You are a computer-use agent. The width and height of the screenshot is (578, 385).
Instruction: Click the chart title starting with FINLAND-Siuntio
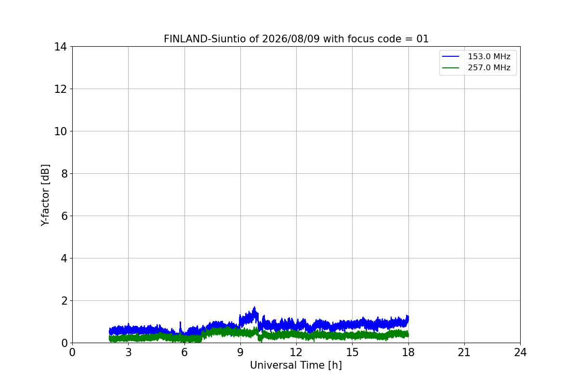(296, 39)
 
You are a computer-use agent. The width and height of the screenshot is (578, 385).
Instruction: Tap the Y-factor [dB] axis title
(45, 195)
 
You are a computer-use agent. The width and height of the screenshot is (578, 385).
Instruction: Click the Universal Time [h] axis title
(296, 365)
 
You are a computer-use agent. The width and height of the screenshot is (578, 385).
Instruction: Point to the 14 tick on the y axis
(60, 47)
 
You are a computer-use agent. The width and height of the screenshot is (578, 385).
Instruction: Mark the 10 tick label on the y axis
(60, 131)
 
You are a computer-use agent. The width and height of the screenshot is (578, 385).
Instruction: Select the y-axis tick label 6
(64, 216)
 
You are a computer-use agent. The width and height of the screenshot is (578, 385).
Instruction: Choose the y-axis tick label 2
(64, 301)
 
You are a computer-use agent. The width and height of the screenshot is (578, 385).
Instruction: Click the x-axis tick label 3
(129, 352)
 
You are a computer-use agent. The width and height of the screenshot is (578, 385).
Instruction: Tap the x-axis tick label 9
(240, 352)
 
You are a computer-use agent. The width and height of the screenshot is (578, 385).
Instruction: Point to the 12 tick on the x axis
(296, 352)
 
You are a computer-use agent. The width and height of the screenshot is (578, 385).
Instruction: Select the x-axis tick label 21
(464, 352)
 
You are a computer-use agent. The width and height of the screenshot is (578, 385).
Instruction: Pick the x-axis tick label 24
(520, 352)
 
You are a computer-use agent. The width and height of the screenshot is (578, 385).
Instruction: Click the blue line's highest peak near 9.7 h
(254, 307)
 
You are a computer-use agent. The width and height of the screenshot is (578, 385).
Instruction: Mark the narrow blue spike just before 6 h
(180, 322)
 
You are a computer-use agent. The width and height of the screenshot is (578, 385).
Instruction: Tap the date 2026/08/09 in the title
(291, 39)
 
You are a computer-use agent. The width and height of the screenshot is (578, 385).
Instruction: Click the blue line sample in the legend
(450, 56)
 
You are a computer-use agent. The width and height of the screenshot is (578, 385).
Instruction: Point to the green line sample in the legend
(450, 68)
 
